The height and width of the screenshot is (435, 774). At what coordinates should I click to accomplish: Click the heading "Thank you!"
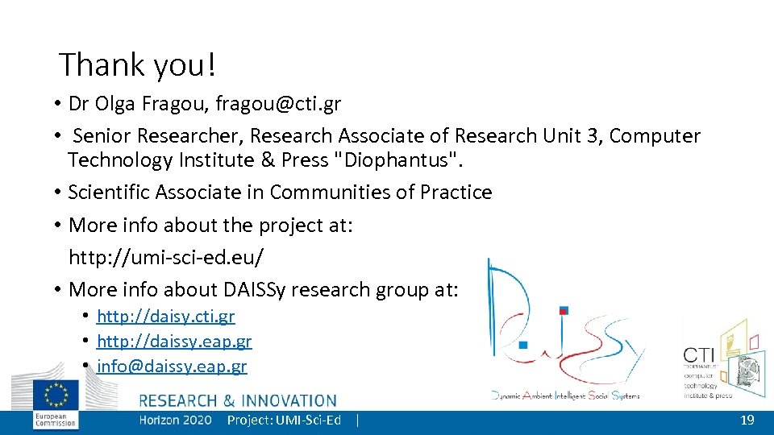click(138, 65)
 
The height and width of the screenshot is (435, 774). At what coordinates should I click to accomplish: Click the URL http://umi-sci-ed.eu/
click(166, 257)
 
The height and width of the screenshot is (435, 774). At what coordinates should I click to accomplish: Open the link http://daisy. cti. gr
click(166, 317)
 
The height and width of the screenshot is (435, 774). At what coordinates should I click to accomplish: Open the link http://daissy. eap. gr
click(174, 342)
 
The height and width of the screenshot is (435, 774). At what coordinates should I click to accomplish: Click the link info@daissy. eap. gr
click(172, 367)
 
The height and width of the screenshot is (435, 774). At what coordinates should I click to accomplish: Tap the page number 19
click(747, 420)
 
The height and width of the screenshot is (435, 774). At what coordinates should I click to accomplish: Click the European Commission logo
click(56, 403)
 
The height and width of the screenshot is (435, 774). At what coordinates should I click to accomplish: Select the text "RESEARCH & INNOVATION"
click(238, 400)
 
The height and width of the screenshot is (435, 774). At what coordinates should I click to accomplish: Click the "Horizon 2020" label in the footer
click(175, 420)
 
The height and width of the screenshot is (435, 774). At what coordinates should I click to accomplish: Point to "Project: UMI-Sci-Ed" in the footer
click(284, 420)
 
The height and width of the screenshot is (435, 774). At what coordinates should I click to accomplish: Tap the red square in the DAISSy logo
click(564, 310)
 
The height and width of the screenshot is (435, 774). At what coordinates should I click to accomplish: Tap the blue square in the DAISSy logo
click(523, 345)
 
